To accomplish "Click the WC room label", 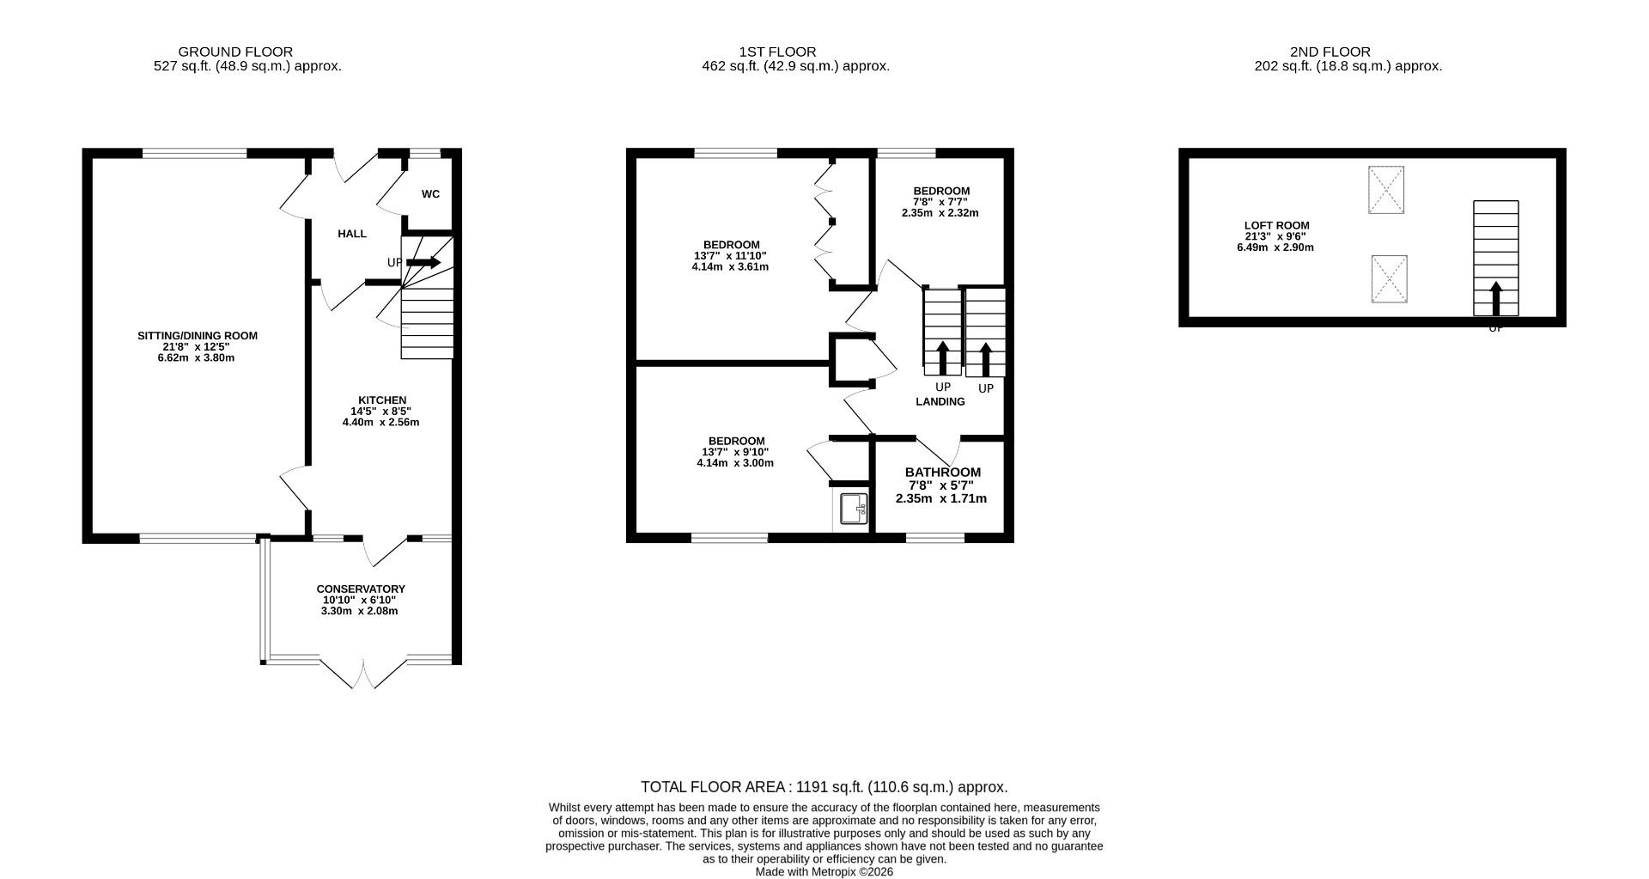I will pos(430,194).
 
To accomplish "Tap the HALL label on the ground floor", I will pos(352,234).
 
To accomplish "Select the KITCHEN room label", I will pos(382,400).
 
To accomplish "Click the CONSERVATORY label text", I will pos(361,589).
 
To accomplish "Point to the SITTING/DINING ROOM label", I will pos(198,336).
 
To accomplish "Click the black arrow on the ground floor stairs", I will pos(423,262).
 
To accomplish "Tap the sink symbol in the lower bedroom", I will pos(854,509).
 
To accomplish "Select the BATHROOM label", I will pos(942,473).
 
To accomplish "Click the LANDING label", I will pos(940,402).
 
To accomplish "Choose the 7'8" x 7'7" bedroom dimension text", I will pos(940,202).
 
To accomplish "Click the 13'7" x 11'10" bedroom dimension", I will pos(730,256).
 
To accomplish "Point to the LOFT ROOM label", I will pos(1276,226).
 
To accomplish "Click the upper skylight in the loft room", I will pos(1385,190).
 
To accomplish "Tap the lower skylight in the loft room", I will pos(1389,279).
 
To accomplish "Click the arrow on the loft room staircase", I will pos(1495,298).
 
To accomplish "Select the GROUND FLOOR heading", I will pos(235,52).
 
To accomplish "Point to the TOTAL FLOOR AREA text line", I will pos(824,787).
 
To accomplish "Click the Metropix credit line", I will pos(824,871).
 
